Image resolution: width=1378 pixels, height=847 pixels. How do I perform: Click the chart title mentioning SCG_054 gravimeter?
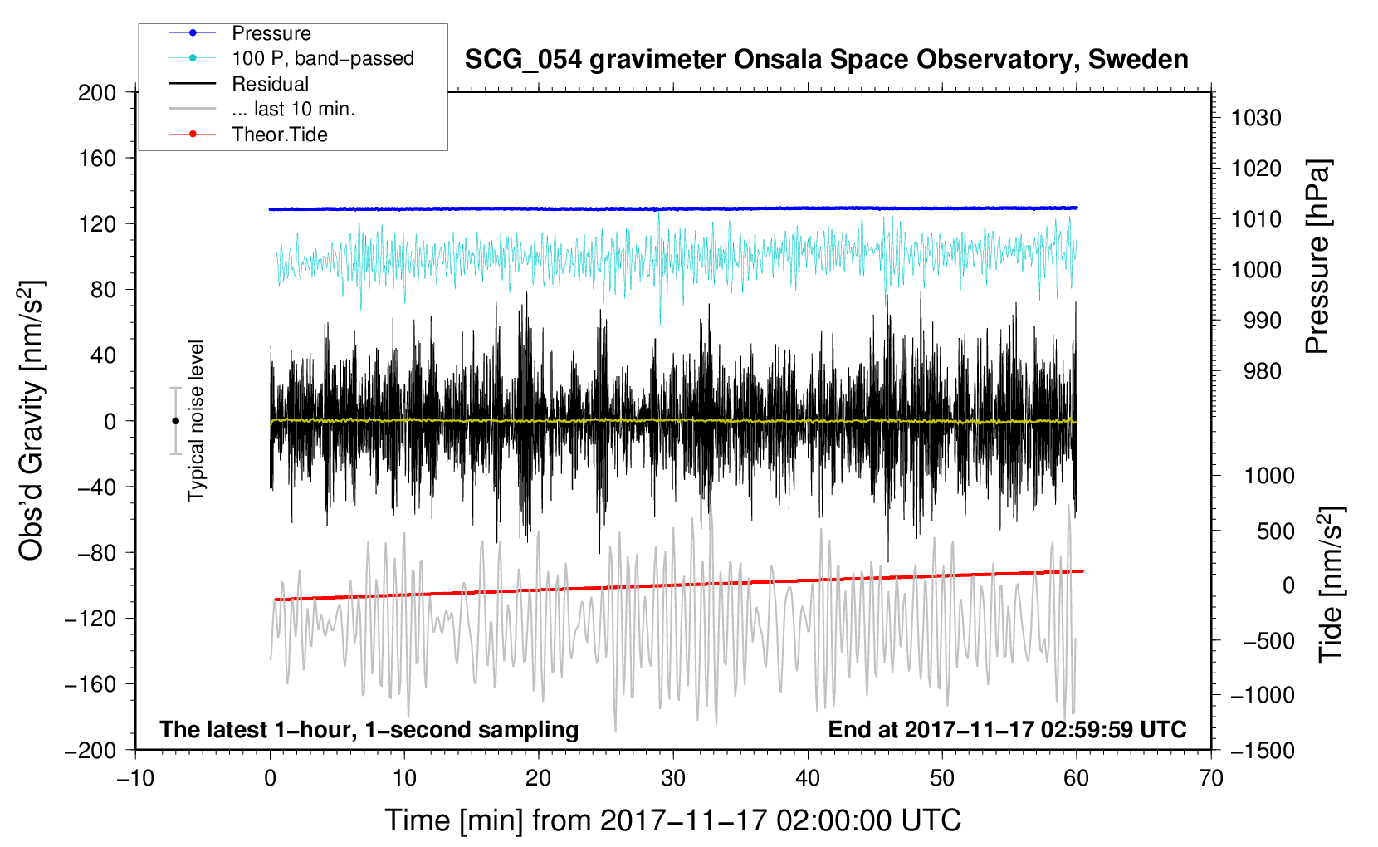pos(826,60)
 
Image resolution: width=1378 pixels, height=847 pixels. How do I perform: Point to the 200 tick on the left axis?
pos(96,93)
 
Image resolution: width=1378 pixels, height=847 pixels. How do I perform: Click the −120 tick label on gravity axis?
pos(90,619)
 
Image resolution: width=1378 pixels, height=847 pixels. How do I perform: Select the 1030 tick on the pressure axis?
pos(1256,118)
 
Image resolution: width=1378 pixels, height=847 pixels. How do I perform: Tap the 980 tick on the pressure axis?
pos(1262,371)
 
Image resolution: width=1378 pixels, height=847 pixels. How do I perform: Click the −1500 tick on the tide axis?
pos(1263,751)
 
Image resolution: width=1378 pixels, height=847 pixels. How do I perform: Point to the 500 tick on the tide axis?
pos(1275,531)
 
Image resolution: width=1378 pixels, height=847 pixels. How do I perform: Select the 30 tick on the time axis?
pos(673,779)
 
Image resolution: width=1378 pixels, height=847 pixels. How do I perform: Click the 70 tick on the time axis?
pos(1210,779)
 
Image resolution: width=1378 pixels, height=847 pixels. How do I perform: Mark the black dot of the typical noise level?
pos(175,421)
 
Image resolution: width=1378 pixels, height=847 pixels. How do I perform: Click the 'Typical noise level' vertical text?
pos(196,421)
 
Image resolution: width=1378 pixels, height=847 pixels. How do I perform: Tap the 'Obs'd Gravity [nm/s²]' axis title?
pos(32,421)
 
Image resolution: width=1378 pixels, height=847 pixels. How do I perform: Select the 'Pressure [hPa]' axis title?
pos(1317,257)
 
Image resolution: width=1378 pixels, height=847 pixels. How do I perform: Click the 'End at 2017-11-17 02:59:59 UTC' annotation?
pos(1007,729)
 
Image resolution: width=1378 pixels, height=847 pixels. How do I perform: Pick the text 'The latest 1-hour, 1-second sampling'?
pos(369,729)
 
